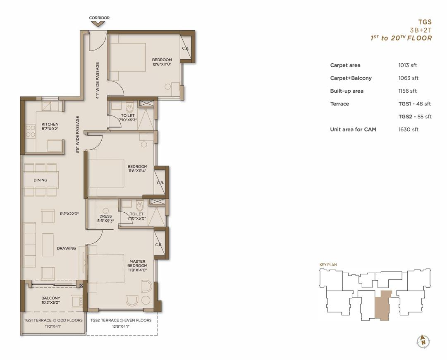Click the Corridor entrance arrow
click(x=99, y=24)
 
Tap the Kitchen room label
click(x=50, y=125)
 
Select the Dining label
click(x=41, y=180)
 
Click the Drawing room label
click(x=67, y=248)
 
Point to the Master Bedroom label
click(x=137, y=263)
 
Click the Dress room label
click(x=105, y=216)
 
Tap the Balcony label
click(x=51, y=298)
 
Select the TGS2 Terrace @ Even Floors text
click(x=121, y=320)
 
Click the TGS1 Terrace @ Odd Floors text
click(x=53, y=320)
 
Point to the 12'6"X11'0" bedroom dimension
click(x=162, y=64)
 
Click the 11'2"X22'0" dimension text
click(x=69, y=214)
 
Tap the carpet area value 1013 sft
click(x=408, y=65)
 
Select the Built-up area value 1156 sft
click(x=408, y=91)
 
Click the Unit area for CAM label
click(x=353, y=130)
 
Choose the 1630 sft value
click(x=409, y=130)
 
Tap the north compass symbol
click(x=423, y=341)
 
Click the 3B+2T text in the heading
click(x=421, y=30)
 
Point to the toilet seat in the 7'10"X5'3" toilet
click(x=129, y=108)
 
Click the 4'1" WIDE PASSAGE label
click(x=98, y=80)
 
